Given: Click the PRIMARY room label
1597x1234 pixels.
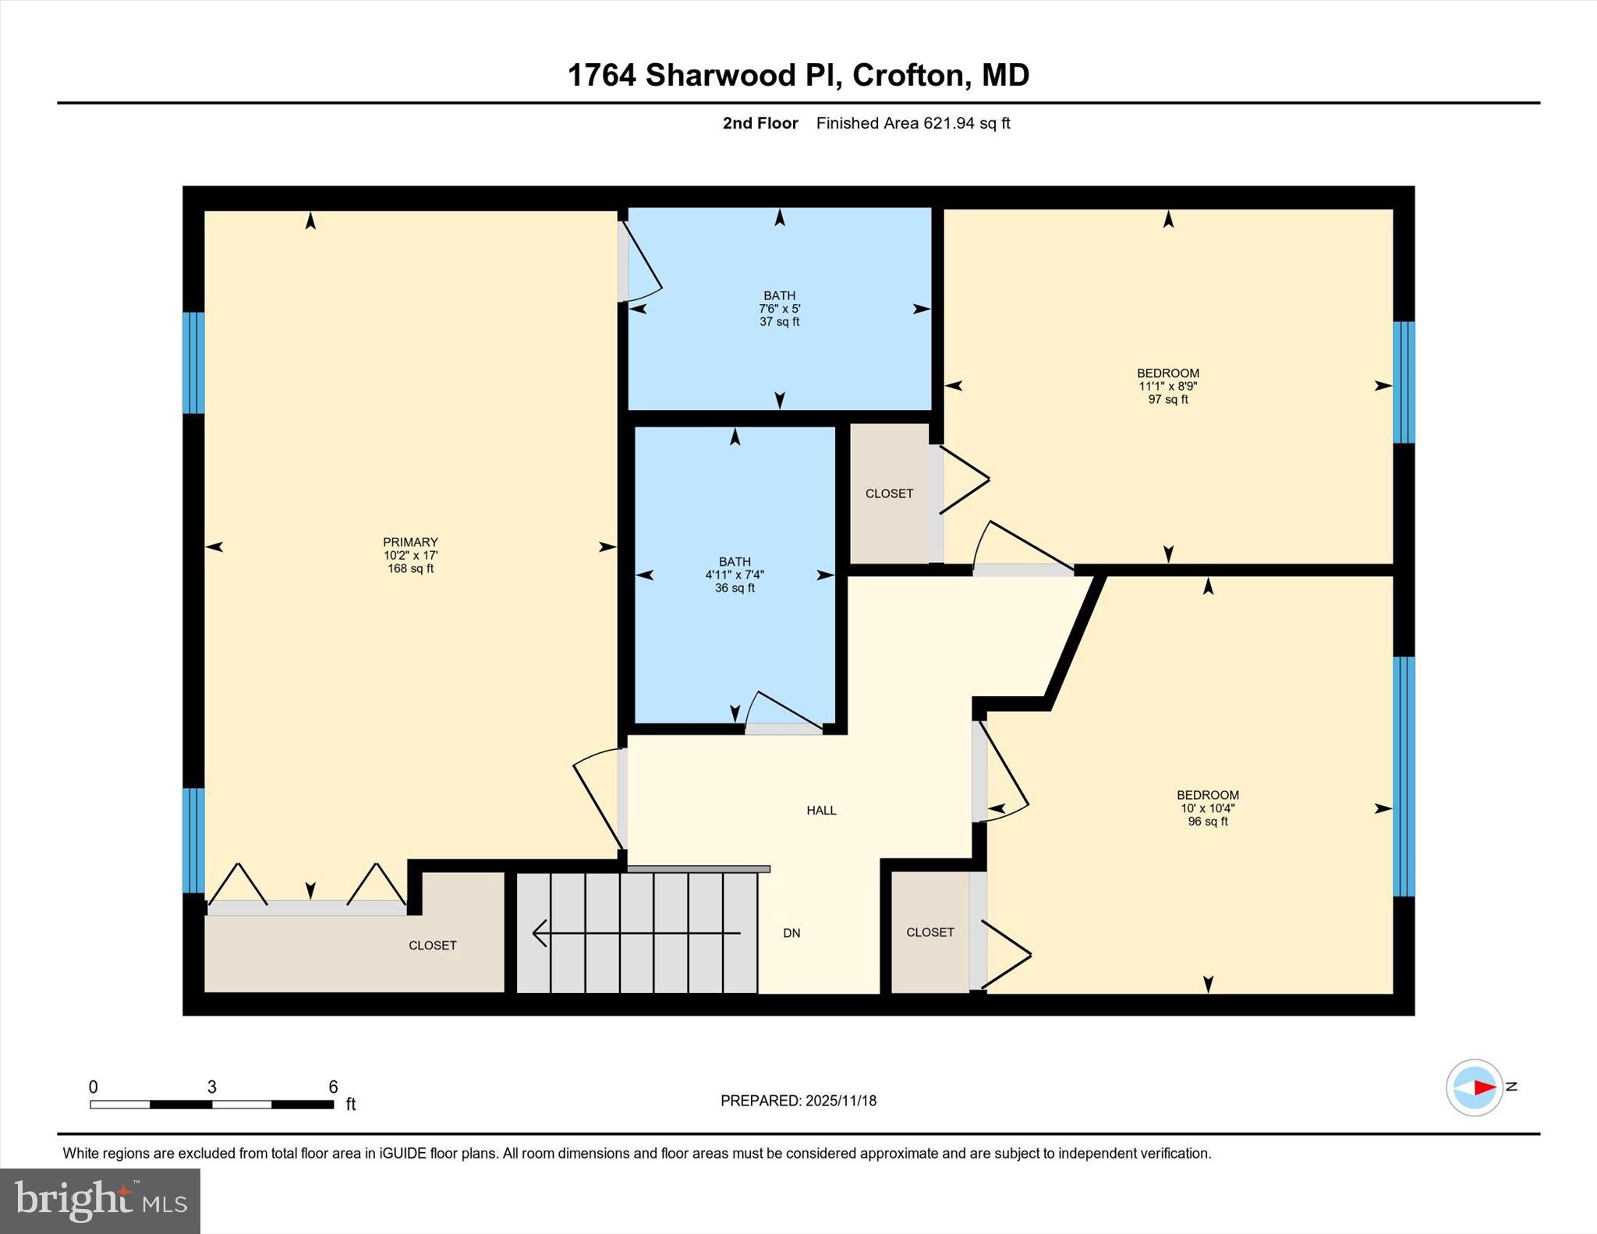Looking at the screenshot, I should click(x=410, y=542).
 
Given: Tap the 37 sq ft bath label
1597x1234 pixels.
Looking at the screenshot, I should click(x=779, y=321).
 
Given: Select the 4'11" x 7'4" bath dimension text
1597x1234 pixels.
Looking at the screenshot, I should click(x=735, y=575).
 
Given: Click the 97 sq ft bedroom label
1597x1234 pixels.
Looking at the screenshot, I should click(x=1167, y=399).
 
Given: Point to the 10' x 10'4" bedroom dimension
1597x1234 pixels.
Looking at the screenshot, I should click(x=1207, y=808).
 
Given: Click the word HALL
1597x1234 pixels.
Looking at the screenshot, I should click(x=821, y=811).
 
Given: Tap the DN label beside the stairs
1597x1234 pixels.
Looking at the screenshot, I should click(x=791, y=933).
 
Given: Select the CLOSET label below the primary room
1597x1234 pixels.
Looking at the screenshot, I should click(x=432, y=946).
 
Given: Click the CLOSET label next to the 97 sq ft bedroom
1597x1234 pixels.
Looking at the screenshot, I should click(x=889, y=493).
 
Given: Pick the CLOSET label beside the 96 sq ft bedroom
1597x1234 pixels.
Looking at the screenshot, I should click(x=930, y=932).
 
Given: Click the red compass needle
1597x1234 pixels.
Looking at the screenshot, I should click(x=1484, y=1087).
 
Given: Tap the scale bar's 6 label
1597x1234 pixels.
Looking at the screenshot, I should click(x=333, y=1087).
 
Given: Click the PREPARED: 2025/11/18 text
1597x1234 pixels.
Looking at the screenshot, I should click(x=798, y=1101).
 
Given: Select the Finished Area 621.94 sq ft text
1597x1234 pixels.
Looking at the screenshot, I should click(x=912, y=123).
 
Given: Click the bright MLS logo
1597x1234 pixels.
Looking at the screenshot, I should click(x=100, y=1200).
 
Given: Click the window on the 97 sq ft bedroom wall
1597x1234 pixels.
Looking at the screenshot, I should click(x=1404, y=382).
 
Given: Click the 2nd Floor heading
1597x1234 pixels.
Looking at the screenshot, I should click(x=760, y=123).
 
